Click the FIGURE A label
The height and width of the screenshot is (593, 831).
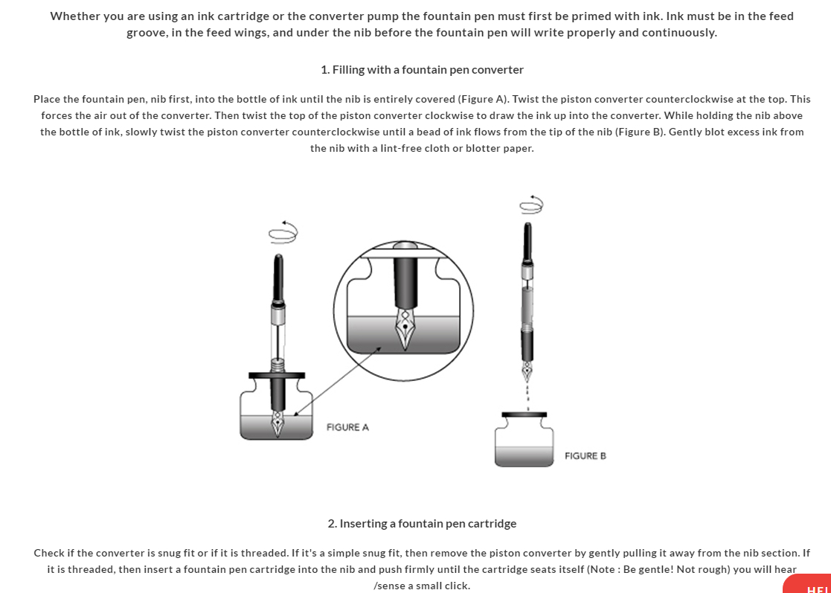347,427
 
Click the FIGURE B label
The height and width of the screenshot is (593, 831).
585,455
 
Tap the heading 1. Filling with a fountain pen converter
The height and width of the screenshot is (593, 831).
422,70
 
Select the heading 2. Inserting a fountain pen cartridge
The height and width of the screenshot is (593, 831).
422,524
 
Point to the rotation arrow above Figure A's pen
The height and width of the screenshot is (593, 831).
283,232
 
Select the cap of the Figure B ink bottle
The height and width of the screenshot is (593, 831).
524,414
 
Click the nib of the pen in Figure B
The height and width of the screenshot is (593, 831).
527,368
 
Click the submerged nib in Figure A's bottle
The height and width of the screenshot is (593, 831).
277,423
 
